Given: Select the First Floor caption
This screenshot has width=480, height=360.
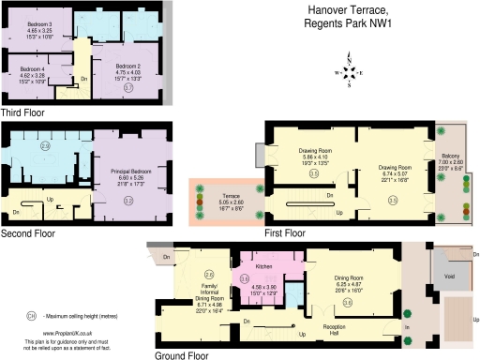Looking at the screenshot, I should [284, 232].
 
